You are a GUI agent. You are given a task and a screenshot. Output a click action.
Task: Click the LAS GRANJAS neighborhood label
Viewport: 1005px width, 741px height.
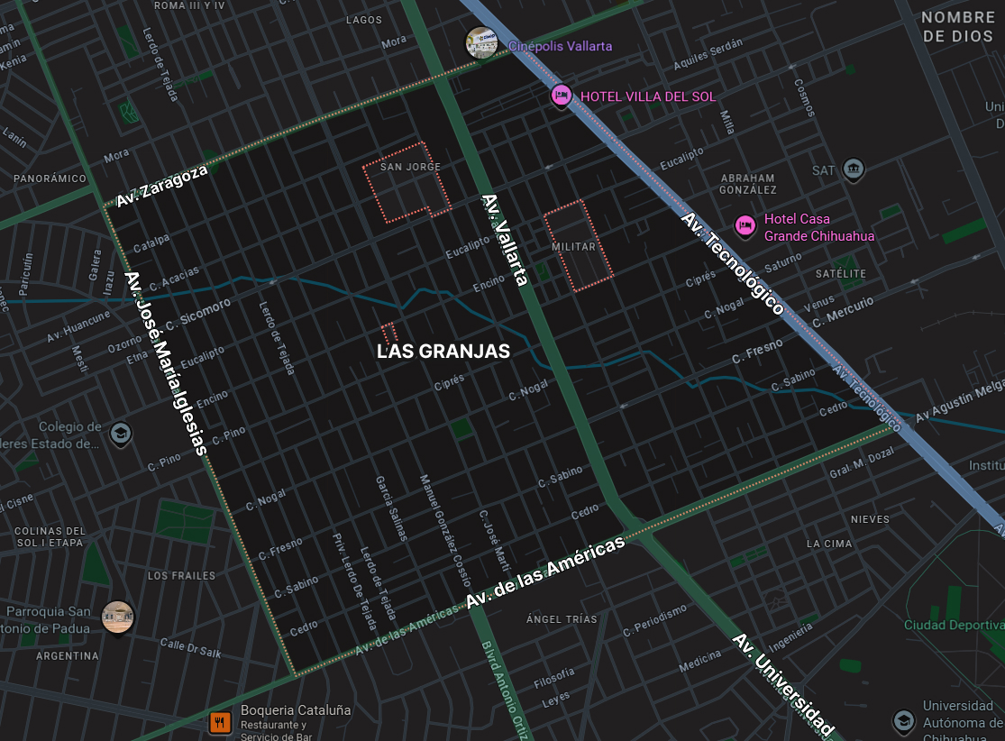click(x=443, y=352)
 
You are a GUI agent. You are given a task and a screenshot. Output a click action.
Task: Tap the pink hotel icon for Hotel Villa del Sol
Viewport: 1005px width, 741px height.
click(x=562, y=96)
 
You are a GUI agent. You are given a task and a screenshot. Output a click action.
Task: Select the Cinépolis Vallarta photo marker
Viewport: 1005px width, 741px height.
click(x=481, y=43)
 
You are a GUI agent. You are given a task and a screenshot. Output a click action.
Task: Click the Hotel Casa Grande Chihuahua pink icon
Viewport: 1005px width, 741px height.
click(x=745, y=225)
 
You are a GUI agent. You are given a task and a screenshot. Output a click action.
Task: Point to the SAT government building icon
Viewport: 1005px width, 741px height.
click(x=853, y=169)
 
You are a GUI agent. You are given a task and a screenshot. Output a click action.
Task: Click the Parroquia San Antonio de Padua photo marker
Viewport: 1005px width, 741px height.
click(x=117, y=617)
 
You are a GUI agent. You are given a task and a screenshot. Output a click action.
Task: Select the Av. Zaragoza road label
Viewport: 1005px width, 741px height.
click(x=162, y=186)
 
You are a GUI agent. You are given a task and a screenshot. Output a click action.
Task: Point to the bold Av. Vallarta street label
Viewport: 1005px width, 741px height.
click(x=504, y=241)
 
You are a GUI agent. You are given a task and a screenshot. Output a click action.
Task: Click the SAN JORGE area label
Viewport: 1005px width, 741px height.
click(x=410, y=168)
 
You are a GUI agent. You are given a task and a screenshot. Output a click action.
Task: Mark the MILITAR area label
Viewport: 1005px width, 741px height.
click(x=574, y=246)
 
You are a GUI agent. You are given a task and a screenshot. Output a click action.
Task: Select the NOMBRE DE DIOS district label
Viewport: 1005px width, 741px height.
click(x=958, y=27)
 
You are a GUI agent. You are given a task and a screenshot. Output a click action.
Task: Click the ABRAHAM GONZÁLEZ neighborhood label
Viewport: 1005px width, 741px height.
click(x=748, y=184)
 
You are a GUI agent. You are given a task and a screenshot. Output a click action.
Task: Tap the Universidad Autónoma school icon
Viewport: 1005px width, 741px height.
click(x=903, y=720)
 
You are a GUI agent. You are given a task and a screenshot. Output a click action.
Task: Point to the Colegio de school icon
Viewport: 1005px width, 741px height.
click(x=120, y=435)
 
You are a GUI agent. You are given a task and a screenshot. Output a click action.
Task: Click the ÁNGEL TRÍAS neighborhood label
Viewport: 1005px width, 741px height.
click(x=562, y=619)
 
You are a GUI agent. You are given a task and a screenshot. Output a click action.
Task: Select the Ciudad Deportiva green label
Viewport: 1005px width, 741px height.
click(x=954, y=625)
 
